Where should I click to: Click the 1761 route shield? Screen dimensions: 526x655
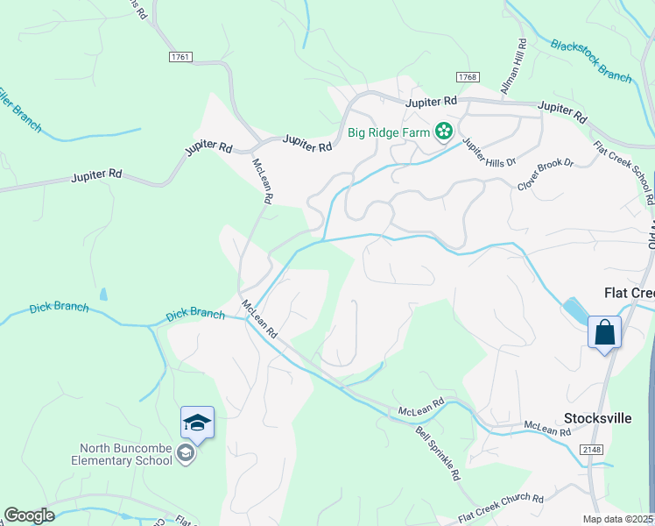[x=180, y=56]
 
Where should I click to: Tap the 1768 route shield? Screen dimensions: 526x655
[x=467, y=78]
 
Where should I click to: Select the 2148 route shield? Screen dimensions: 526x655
[x=591, y=448]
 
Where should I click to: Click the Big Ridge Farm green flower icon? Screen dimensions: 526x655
[x=445, y=132]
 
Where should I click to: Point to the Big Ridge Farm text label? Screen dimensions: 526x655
[x=390, y=133]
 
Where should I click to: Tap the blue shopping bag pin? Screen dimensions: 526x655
[x=604, y=333]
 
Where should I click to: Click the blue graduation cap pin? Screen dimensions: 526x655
[x=197, y=423]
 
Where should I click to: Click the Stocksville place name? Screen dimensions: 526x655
[x=598, y=418]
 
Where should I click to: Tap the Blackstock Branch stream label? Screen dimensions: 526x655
[x=591, y=60]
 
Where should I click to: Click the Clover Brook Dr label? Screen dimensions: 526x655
[x=545, y=174]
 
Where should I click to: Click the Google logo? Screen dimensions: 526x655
[x=29, y=515]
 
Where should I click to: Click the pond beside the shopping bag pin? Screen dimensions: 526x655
[x=576, y=309]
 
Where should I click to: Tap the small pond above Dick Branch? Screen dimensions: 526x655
[x=104, y=295]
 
